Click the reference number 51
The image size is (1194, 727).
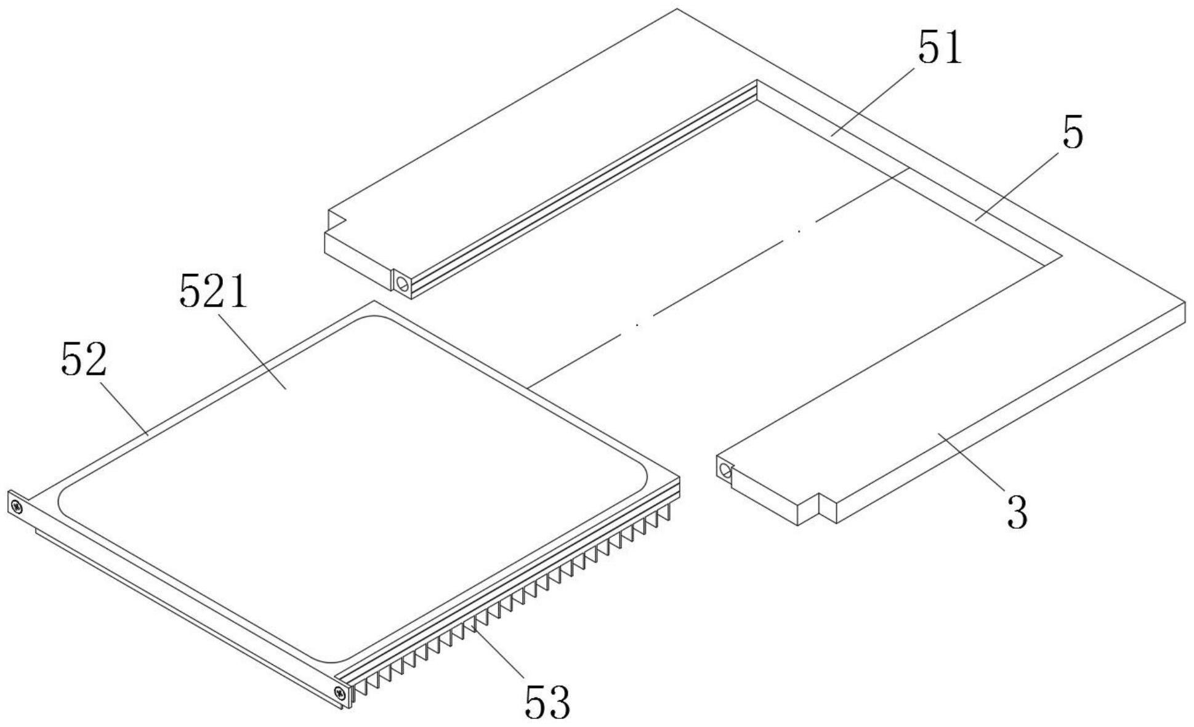[939, 48]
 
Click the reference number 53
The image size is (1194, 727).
[547, 702]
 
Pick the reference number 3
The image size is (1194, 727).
[1017, 511]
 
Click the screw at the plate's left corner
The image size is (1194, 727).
[17, 507]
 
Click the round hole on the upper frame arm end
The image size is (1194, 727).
[403, 284]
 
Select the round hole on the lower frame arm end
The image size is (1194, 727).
[725, 471]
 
